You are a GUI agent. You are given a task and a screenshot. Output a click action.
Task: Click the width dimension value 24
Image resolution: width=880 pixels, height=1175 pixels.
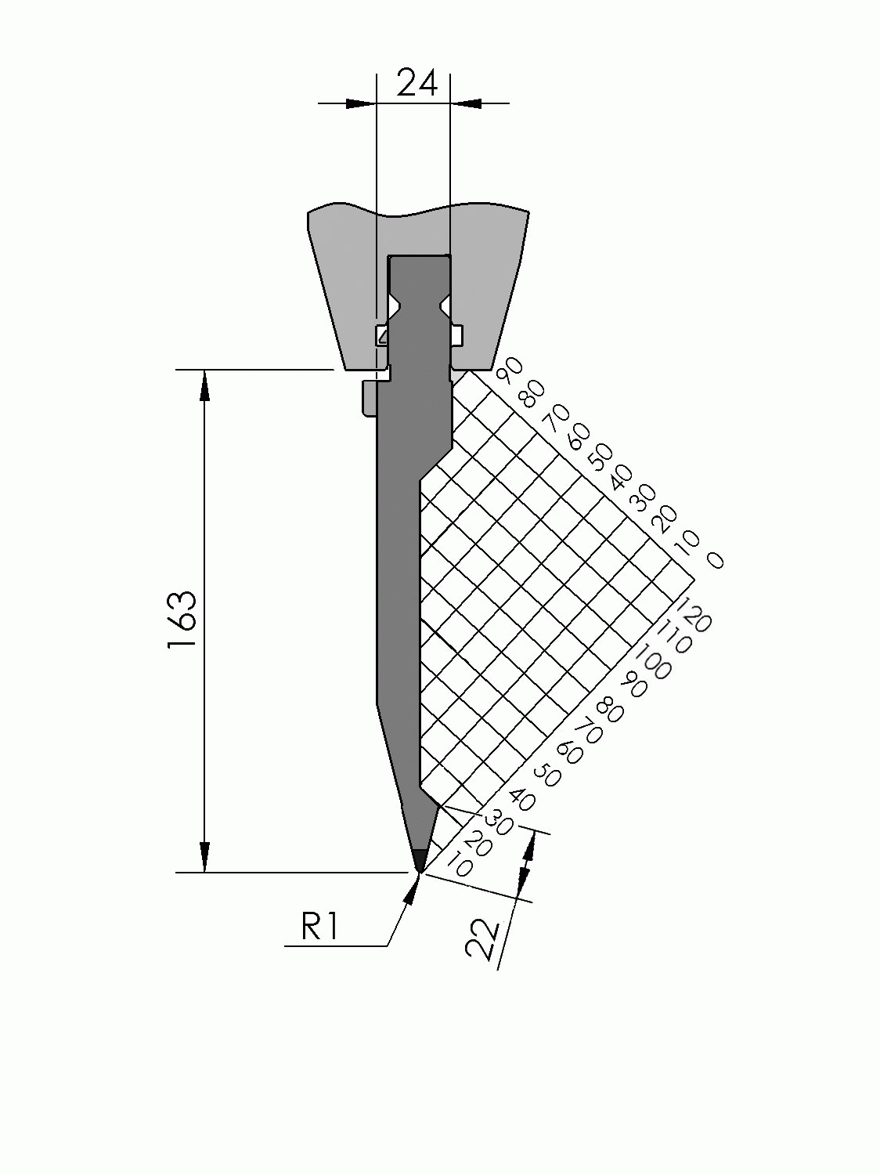click(x=417, y=83)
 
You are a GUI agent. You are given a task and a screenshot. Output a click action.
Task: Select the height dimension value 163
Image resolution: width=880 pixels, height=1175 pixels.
click(x=181, y=620)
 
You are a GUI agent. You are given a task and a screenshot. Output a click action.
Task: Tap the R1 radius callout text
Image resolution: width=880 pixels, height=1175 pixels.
click(x=319, y=928)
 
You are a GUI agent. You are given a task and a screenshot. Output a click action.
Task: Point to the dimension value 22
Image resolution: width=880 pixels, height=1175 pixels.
click(x=482, y=939)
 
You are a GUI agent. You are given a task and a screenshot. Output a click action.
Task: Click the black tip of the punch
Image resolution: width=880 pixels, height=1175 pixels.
click(x=420, y=859)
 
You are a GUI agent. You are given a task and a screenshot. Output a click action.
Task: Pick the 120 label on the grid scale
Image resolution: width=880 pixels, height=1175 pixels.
click(x=693, y=614)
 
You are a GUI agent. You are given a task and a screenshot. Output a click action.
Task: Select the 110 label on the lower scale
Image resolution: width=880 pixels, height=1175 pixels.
click(x=673, y=635)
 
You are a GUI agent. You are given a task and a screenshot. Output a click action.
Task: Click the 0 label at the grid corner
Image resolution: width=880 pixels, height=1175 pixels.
click(x=715, y=559)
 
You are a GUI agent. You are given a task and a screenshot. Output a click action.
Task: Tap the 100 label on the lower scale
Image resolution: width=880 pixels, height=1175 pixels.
click(x=651, y=660)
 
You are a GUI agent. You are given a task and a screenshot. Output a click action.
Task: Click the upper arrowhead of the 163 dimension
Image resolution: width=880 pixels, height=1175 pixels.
click(x=205, y=385)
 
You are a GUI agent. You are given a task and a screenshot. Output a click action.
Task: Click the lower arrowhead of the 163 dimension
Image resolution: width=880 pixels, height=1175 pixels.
click(x=205, y=856)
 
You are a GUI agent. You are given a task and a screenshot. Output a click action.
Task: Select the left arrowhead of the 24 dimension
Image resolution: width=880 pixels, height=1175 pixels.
click(x=359, y=103)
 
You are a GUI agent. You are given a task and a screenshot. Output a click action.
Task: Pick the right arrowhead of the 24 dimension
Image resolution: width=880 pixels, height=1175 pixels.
click(x=467, y=103)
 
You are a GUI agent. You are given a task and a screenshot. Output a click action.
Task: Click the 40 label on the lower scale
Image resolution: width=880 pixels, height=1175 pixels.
click(x=521, y=800)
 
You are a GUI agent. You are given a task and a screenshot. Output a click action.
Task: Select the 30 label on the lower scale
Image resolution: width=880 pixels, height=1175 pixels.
click(x=498, y=822)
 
